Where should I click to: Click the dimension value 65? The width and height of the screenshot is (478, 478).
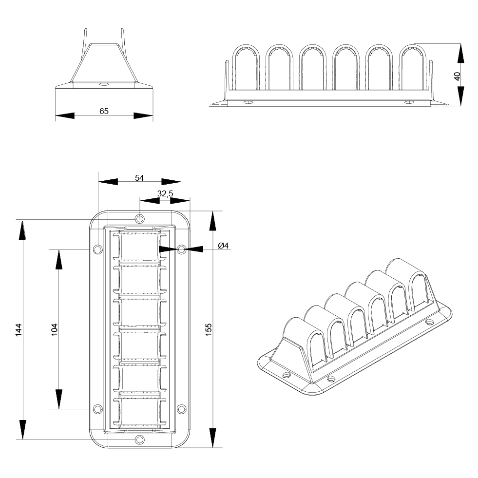click(x=104, y=111)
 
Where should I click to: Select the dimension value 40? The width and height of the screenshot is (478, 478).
click(x=457, y=76)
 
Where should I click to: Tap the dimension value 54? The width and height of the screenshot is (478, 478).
click(x=139, y=178)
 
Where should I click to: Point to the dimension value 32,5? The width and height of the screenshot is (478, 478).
click(x=165, y=194)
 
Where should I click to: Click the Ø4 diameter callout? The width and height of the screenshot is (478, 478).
click(x=224, y=246)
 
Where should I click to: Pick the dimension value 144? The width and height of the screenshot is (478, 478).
click(x=19, y=329)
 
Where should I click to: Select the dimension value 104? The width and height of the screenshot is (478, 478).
click(x=55, y=329)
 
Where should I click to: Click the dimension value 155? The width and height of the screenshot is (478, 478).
click(x=209, y=329)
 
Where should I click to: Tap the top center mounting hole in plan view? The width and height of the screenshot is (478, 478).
click(x=140, y=218)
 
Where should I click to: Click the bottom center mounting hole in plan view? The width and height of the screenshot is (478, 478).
click(x=140, y=440)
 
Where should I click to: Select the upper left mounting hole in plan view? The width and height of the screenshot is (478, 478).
click(x=97, y=249)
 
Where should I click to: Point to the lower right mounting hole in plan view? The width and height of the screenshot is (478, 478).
click(x=182, y=409)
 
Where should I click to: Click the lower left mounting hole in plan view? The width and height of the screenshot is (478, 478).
click(x=97, y=409)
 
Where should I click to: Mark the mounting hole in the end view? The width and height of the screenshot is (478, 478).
click(x=103, y=85)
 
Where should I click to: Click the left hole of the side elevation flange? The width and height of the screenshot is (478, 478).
click(x=249, y=103)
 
